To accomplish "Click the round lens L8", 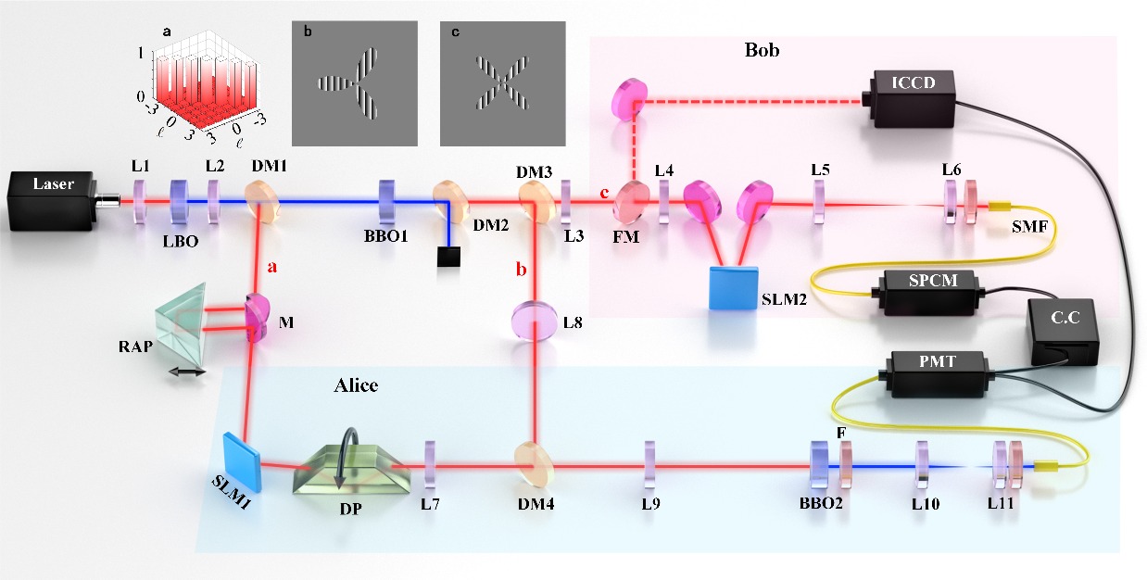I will (x=534, y=322).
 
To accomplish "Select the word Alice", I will (x=356, y=386).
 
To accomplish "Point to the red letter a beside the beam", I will (x=272, y=267).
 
